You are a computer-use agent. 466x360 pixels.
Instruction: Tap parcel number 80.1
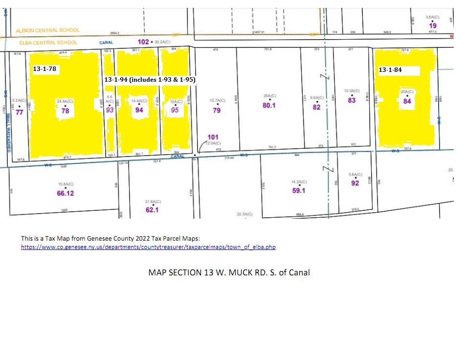coord(269,105)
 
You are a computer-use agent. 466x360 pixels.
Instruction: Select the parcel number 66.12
coord(65,193)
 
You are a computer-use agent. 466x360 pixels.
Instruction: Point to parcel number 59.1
coord(299,191)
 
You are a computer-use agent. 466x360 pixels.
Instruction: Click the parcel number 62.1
coord(152,210)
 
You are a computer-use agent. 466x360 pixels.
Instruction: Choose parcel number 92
coord(355,183)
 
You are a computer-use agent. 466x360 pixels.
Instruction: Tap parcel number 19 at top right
coord(432,25)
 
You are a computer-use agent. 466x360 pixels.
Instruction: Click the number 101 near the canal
coord(213,137)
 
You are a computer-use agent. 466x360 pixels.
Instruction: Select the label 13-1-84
coord(390,70)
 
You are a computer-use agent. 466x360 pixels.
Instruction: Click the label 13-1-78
coord(44,69)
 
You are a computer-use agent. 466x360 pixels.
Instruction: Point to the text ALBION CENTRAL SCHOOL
coord(47,30)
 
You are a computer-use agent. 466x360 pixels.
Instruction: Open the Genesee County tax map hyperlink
coord(148,247)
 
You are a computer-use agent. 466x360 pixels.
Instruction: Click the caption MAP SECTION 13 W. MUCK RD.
coord(229,272)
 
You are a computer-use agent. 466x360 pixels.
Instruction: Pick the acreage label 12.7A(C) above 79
coord(217,101)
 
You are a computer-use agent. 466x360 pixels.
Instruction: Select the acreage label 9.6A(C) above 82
coord(317,98)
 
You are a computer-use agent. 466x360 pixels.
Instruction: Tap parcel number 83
coord(352,100)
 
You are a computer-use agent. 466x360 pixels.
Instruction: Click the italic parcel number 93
coord(110,110)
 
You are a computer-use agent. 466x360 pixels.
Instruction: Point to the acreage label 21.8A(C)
coord(153,202)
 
